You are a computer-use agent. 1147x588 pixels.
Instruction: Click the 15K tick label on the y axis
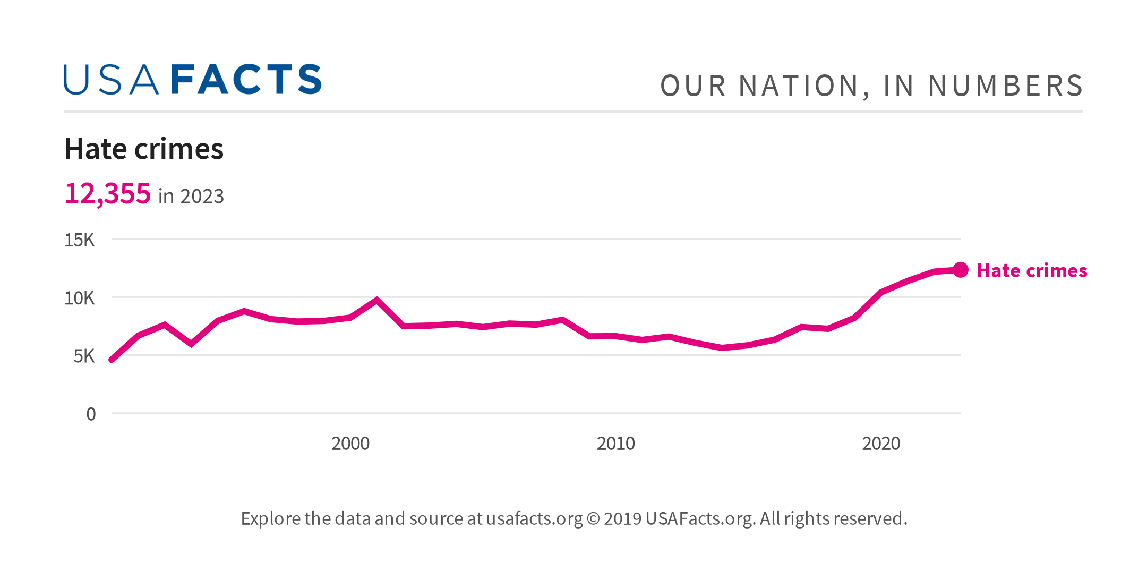click(x=80, y=240)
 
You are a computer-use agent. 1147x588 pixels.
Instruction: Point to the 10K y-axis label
click(x=80, y=299)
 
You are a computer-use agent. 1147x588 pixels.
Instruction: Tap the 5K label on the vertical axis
click(x=84, y=356)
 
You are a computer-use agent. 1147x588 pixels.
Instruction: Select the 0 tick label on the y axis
click(x=91, y=414)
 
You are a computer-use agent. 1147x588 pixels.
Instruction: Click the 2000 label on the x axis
click(x=350, y=444)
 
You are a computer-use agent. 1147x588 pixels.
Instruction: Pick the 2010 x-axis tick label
click(x=615, y=444)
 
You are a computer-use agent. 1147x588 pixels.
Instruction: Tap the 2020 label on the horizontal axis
click(x=881, y=444)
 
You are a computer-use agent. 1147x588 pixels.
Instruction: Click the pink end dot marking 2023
click(x=960, y=270)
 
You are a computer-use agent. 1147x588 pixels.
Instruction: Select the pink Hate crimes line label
click(x=1032, y=271)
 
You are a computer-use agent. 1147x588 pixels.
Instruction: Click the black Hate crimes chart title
click(x=144, y=149)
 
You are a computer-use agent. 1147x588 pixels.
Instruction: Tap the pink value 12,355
click(x=108, y=193)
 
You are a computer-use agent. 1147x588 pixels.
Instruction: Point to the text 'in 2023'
click(x=191, y=197)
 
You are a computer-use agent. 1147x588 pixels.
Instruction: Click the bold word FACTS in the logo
click(x=246, y=80)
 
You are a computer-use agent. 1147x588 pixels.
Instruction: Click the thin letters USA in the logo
click(x=111, y=80)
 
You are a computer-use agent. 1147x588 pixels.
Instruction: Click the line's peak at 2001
click(x=377, y=300)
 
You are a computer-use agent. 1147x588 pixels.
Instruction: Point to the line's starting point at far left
click(x=112, y=360)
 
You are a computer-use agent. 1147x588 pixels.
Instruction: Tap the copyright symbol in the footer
click(x=593, y=518)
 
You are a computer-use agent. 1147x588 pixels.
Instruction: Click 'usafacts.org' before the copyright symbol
click(x=534, y=518)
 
